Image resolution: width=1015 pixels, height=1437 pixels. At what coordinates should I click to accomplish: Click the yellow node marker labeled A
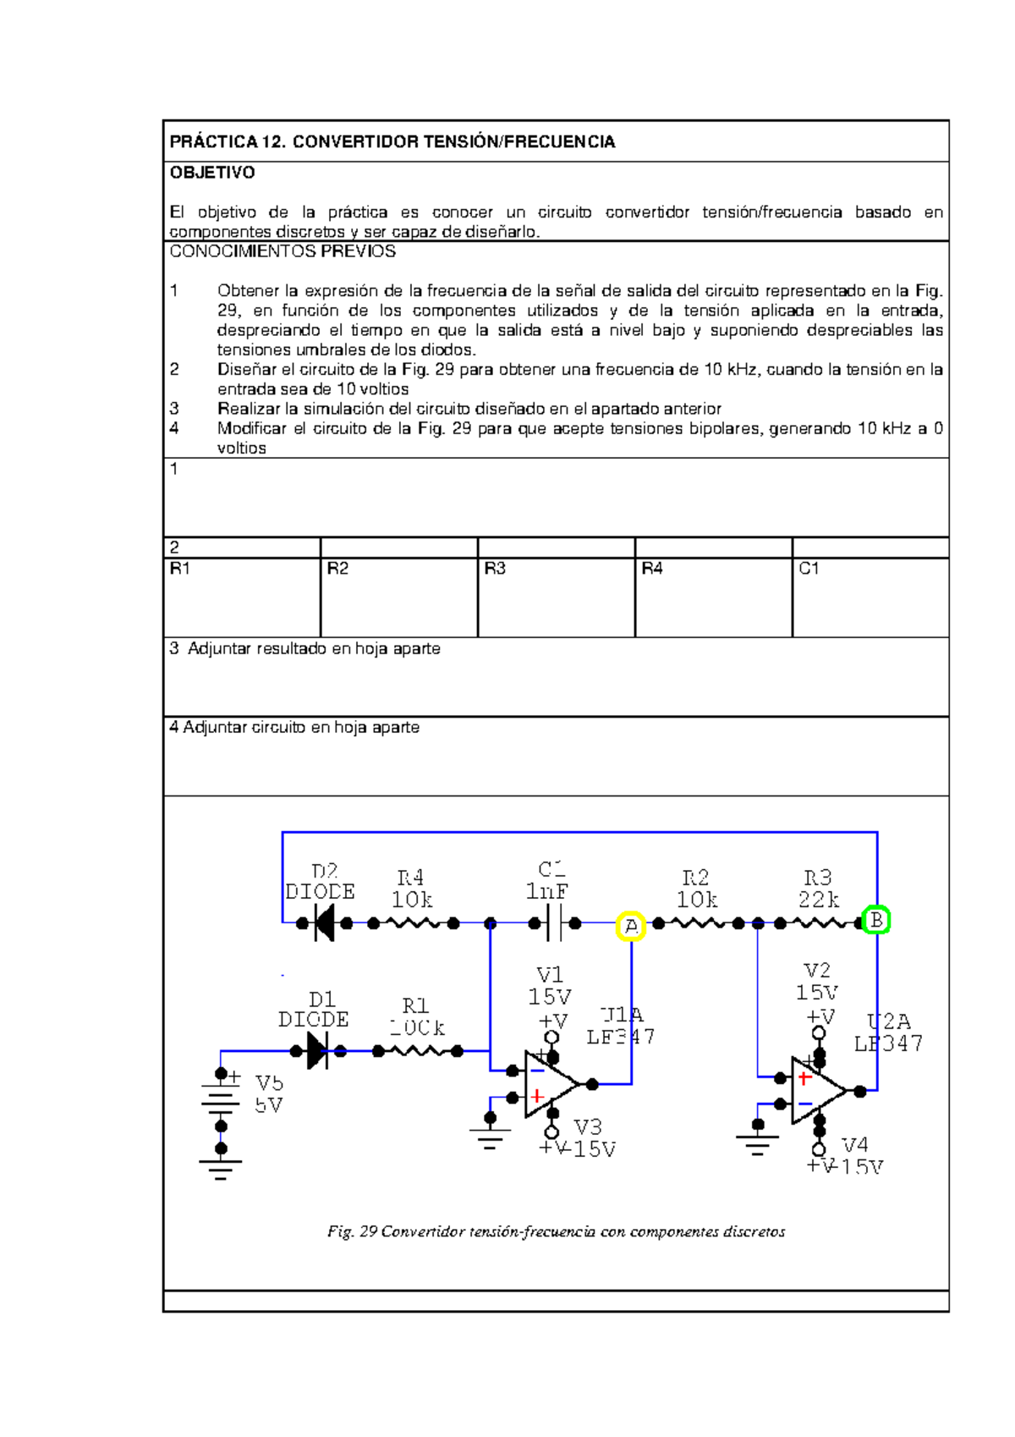pyautogui.click(x=631, y=926)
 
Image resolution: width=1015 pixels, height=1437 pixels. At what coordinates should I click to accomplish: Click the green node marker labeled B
pyautogui.click(x=876, y=919)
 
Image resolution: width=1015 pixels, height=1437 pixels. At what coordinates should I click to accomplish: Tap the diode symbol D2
pyautogui.click(x=324, y=922)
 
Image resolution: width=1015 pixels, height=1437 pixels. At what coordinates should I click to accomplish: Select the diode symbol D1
pyautogui.click(x=317, y=1051)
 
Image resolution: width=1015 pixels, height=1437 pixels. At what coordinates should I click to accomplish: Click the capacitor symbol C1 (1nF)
pyautogui.click(x=555, y=922)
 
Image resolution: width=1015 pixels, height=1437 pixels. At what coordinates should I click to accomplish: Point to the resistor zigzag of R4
pyautogui.click(x=414, y=922)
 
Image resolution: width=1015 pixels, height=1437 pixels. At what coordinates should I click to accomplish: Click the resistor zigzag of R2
pyautogui.click(x=699, y=922)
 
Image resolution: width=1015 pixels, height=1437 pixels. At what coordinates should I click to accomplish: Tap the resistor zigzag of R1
pyautogui.click(x=418, y=1051)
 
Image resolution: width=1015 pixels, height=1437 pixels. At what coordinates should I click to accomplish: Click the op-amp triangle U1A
pyautogui.click(x=547, y=1084)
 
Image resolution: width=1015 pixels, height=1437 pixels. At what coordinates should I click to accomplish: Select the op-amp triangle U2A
pyautogui.click(x=815, y=1091)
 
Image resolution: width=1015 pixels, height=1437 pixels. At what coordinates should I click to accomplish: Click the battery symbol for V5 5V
pyautogui.click(x=221, y=1100)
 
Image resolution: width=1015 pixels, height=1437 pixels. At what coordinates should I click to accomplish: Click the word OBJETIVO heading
pyautogui.click(x=212, y=173)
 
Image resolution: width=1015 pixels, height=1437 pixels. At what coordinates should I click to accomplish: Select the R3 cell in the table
pyautogui.click(x=556, y=596)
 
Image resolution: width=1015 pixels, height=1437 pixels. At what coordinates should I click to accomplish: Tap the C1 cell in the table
pyautogui.click(x=870, y=596)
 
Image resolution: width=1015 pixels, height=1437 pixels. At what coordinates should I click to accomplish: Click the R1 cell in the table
pyautogui.click(x=242, y=596)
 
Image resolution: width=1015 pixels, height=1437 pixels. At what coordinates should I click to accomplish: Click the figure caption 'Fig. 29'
pyautogui.click(x=352, y=1231)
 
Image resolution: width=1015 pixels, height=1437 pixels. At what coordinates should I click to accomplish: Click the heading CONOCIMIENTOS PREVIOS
pyautogui.click(x=283, y=251)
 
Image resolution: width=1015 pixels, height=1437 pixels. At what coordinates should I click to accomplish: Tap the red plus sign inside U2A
pyautogui.click(x=804, y=1078)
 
